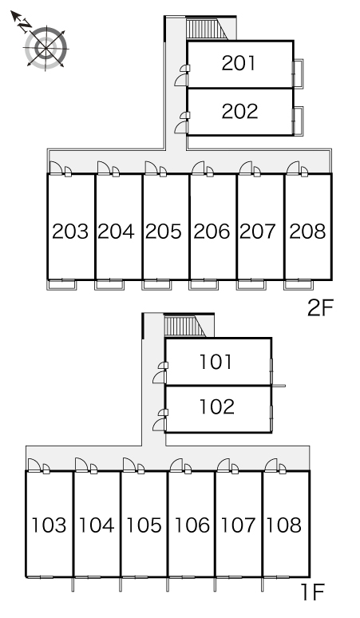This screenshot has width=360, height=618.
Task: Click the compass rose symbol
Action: click(x=46, y=48)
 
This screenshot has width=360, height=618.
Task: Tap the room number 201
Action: click(x=239, y=63)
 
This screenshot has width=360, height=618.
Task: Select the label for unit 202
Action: click(x=239, y=111)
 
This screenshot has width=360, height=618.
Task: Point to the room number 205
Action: click(x=164, y=231)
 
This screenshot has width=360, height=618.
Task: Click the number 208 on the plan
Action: click(x=307, y=231)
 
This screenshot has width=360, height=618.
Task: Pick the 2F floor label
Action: click(x=320, y=308)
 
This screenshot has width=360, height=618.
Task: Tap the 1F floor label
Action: click(x=312, y=592)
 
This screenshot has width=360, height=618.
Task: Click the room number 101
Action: click(x=216, y=362)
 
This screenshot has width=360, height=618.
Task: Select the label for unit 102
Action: click(x=217, y=406)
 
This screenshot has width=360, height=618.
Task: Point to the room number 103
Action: click(x=49, y=525)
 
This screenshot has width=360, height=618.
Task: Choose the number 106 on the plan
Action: click(x=192, y=525)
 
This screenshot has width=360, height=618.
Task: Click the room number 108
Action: click(x=284, y=525)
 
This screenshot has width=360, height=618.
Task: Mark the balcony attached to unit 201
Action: click(x=299, y=73)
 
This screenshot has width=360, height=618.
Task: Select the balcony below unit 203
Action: click(x=61, y=284)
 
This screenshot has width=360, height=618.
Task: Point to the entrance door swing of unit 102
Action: click(x=159, y=425)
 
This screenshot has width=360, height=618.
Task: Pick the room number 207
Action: click(x=258, y=231)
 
